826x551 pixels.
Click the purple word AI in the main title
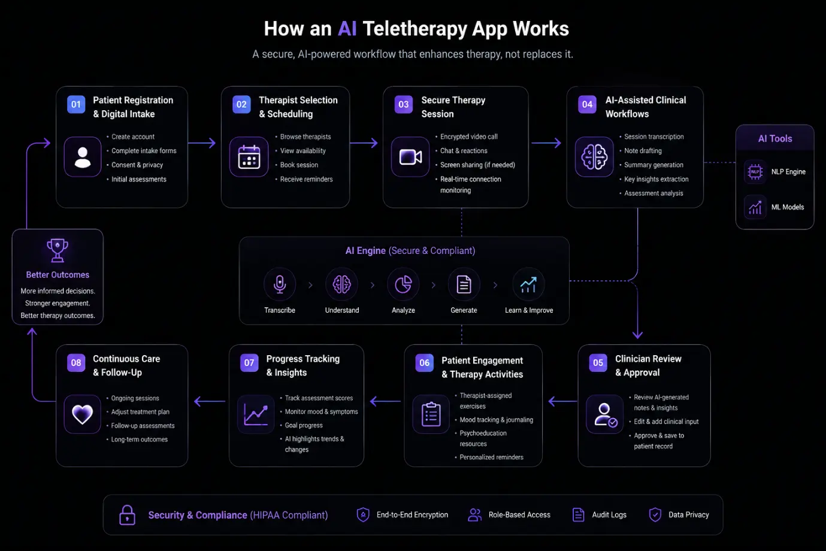pyautogui.click(x=347, y=28)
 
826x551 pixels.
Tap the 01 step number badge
pyautogui.click(x=76, y=104)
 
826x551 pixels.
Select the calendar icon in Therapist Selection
pyautogui.click(x=249, y=157)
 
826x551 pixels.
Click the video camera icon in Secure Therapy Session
pyautogui.click(x=410, y=157)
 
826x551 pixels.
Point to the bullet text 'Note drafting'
pyautogui.click(x=643, y=151)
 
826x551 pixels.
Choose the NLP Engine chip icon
pyautogui.click(x=755, y=172)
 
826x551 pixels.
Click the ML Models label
pyautogui.click(x=788, y=207)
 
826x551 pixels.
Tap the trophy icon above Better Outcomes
pyautogui.click(x=58, y=250)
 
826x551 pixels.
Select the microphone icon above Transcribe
pyautogui.click(x=280, y=284)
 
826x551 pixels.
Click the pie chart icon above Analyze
pyautogui.click(x=403, y=284)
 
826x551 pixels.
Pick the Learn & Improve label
pyautogui.click(x=529, y=310)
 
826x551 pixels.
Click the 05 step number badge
pyautogui.click(x=598, y=363)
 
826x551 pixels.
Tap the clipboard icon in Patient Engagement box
pyautogui.click(x=431, y=414)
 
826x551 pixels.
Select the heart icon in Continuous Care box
pyautogui.click(x=82, y=414)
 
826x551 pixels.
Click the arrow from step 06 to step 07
pyautogui.click(x=385, y=401)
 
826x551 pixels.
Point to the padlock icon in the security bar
pyautogui.click(x=127, y=515)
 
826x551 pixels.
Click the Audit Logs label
pyautogui.click(x=609, y=515)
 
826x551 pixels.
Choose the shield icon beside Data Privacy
pyautogui.click(x=655, y=515)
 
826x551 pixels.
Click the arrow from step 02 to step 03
pyautogui.click(x=364, y=143)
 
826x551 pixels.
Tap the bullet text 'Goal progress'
pyautogui.click(x=304, y=426)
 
